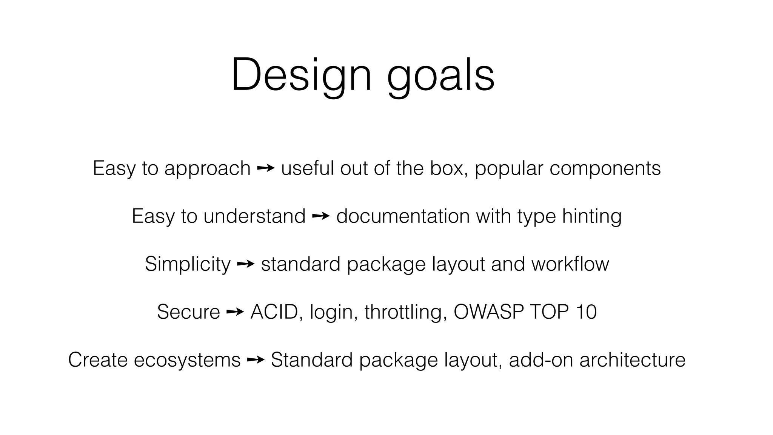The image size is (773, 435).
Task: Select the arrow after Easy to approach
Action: pos(266,168)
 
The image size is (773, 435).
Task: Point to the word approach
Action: pos(207,169)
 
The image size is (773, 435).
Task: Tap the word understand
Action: pos(254,216)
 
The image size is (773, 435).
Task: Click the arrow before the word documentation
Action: pos(321,216)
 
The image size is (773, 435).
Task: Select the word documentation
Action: pos(403,216)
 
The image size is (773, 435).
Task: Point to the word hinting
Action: pos(591,217)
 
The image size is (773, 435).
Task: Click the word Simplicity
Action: pos(188,264)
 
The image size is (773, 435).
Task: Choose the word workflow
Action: pos(570,264)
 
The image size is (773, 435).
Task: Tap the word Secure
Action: pos(188,312)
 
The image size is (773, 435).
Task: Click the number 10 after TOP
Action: pos(586,312)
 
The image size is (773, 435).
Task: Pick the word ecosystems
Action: pos(187,360)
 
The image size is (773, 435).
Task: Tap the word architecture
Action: pos(632,360)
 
